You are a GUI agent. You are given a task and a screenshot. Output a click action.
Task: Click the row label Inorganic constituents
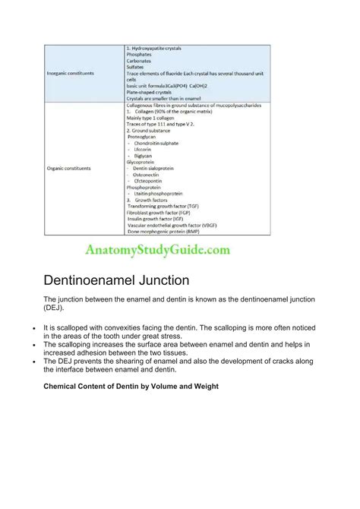[72, 73]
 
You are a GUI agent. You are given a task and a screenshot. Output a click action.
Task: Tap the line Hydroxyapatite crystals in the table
[155, 49]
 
